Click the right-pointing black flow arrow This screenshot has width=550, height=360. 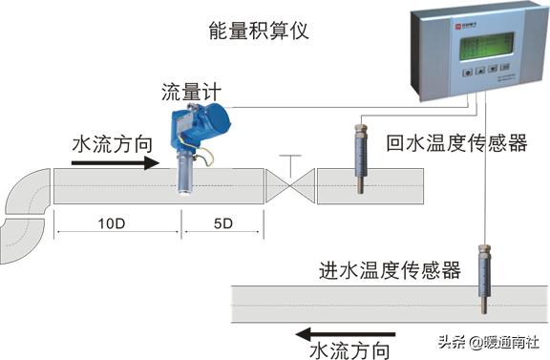[116, 163]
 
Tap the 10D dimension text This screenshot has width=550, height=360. [116, 225]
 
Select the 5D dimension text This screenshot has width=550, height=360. [222, 225]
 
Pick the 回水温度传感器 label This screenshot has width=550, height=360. [455, 144]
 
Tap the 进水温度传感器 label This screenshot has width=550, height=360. [390, 271]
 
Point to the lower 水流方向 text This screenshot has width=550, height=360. [349, 351]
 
